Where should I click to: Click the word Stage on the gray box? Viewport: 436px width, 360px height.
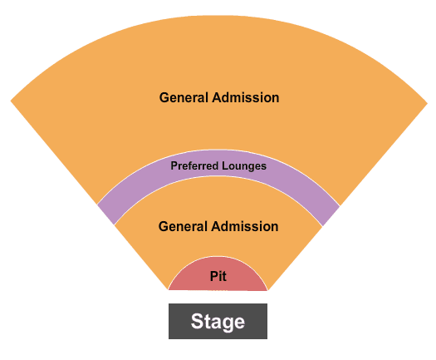218,322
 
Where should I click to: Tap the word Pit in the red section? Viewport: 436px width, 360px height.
218,276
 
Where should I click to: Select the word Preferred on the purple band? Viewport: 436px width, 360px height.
194,165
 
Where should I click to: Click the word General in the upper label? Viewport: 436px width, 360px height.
184,97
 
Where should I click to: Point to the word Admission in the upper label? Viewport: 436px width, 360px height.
246,97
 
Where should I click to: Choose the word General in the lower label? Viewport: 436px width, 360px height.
183,226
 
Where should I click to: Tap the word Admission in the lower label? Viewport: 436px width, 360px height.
245,226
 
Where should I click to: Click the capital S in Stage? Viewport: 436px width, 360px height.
198,321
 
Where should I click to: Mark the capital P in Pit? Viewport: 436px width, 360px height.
213,276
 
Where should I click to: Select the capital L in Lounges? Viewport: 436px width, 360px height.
224,165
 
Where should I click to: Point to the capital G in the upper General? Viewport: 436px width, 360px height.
164,98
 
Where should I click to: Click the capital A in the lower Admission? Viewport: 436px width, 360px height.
217,226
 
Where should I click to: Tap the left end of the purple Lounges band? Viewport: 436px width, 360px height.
105,215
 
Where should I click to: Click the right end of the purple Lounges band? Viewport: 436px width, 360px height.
331,216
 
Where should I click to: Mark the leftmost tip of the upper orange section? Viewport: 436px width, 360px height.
11,101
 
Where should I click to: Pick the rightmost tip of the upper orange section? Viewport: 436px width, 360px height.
428,103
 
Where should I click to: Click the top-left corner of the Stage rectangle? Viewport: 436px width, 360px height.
169,303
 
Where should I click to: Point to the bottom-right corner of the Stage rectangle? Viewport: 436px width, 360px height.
267,339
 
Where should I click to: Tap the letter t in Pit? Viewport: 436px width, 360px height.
224,277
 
